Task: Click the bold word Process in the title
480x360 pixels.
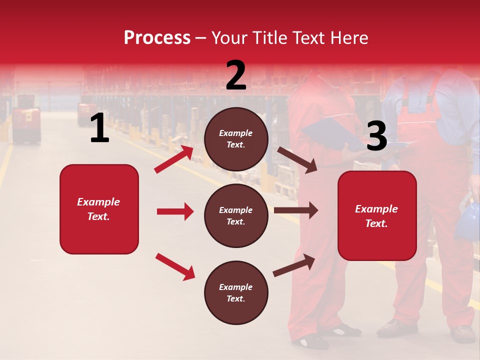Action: point(157,38)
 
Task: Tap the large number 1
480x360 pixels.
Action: point(99,128)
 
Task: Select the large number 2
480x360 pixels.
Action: point(236,75)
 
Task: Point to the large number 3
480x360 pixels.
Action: point(377,136)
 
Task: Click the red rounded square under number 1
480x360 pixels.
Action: point(99,209)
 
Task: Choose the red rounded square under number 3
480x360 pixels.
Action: point(377,216)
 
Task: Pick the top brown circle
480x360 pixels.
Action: point(236,139)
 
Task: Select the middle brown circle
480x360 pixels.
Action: point(236,216)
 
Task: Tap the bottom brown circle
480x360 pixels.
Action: point(236,293)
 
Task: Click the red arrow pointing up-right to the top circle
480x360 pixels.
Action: point(174,159)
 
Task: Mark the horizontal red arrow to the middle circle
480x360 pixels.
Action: point(175,211)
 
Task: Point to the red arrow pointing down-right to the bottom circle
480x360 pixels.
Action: point(175,266)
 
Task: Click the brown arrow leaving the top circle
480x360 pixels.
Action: point(297,160)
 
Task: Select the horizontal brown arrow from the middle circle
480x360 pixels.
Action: point(296,210)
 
